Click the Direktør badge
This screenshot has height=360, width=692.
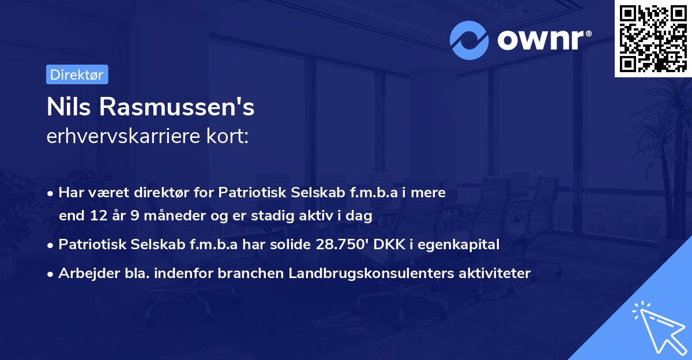[x=77, y=74]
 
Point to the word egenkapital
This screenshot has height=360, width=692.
[x=462, y=245]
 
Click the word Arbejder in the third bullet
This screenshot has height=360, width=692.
[x=84, y=273]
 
